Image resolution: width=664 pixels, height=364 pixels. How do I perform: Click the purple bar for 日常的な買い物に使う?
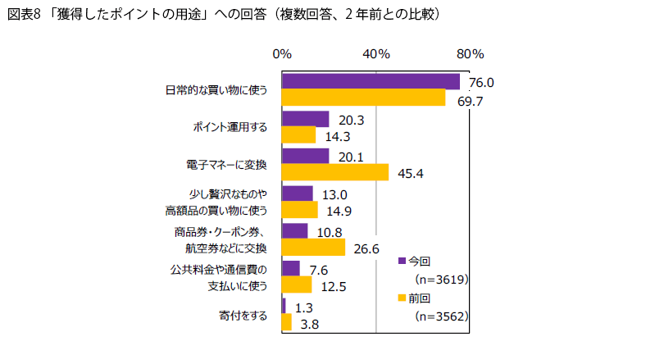click(371, 81)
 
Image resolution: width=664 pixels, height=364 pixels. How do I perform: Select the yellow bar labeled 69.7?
click(363, 98)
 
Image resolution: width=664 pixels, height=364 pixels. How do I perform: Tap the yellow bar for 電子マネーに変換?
click(334, 172)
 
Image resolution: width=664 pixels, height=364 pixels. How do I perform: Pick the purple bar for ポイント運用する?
click(305, 119)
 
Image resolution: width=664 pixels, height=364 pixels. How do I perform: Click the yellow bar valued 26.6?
click(313, 247)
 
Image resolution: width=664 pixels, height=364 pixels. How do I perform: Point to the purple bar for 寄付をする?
click(284, 306)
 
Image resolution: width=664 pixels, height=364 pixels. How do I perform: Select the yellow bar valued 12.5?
click(297, 284)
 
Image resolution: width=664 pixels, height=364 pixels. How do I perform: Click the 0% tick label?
click(282, 54)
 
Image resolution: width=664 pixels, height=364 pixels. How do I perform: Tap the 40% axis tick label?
click(376, 54)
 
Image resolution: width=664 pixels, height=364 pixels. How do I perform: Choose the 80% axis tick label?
click(471, 54)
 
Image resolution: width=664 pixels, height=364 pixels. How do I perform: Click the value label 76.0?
click(481, 83)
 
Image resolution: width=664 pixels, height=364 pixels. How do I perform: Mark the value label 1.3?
click(305, 307)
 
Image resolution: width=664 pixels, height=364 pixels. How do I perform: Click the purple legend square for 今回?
click(402, 261)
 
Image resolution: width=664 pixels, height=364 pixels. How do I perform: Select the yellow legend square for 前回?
click(402, 298)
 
